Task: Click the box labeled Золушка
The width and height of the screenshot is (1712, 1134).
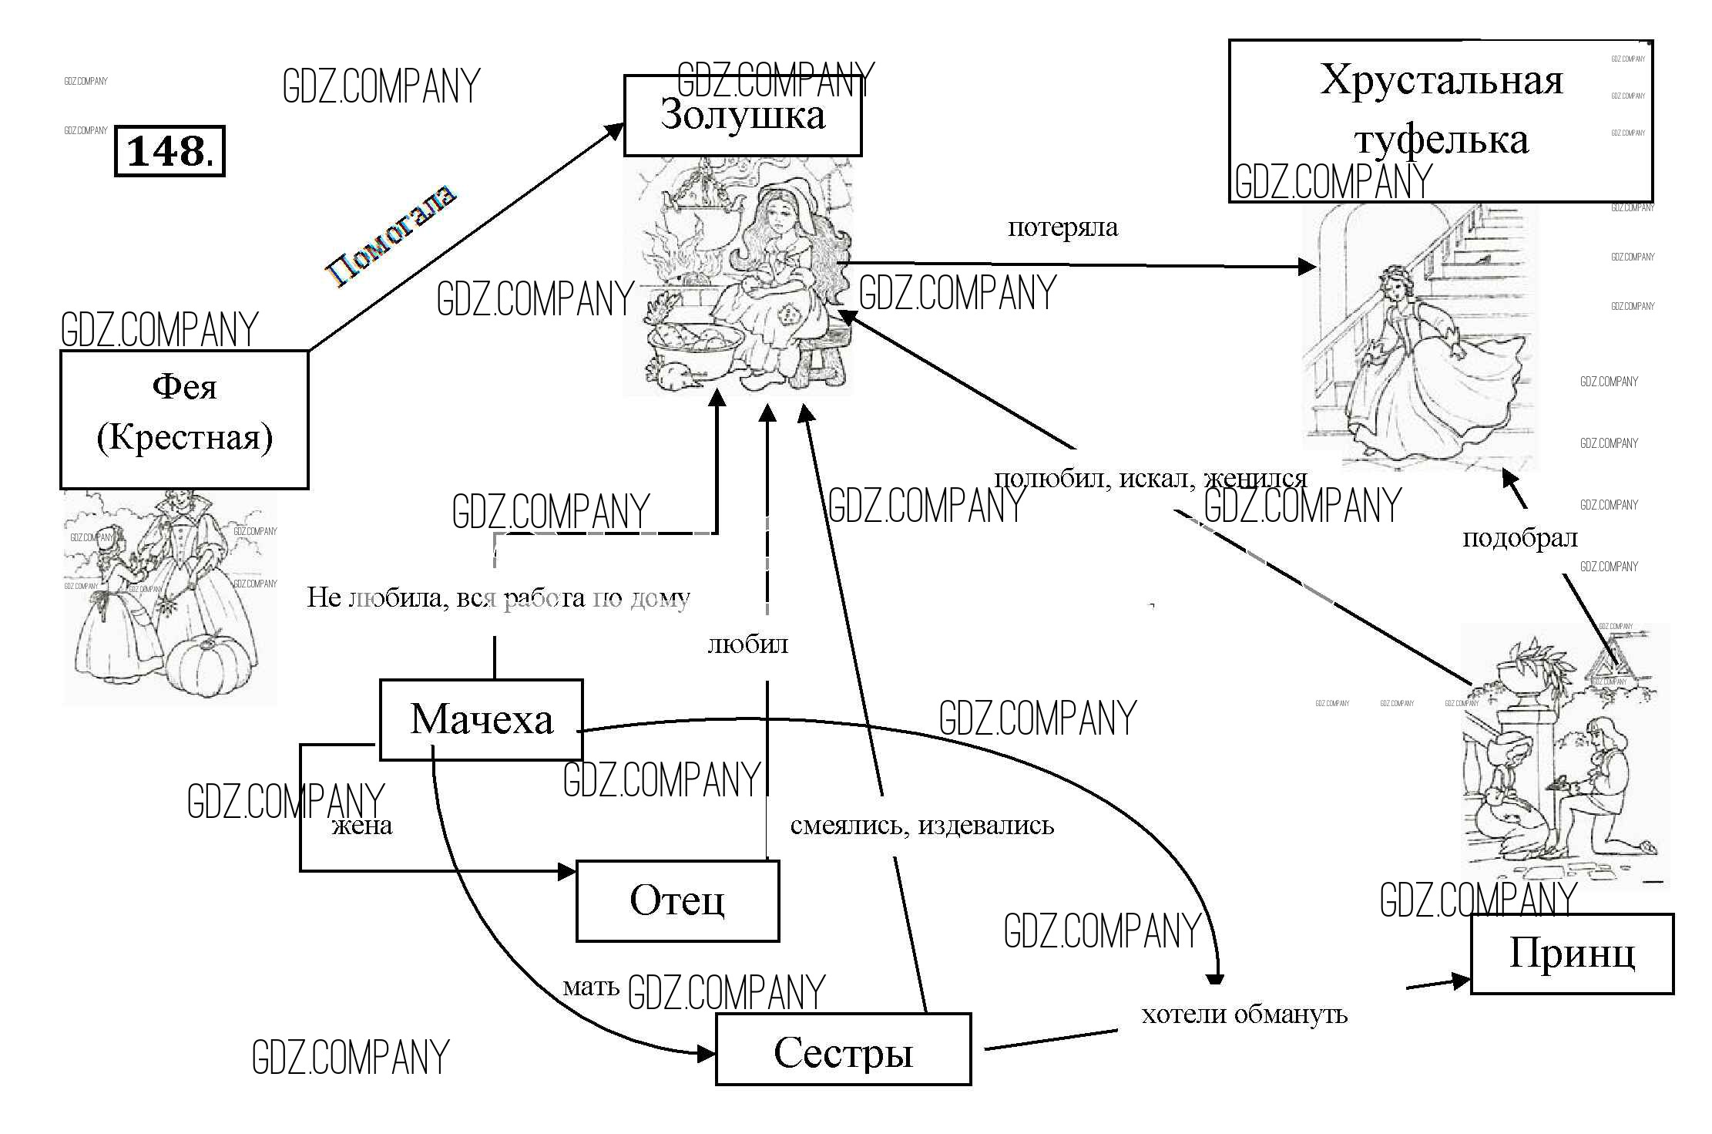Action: click(x=742, y=116)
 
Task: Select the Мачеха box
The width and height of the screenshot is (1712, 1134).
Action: click(x=481, y=719)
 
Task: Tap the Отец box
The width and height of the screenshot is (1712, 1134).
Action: click(x=677, y=900)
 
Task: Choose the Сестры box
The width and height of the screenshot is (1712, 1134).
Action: click(x=843, y=1050)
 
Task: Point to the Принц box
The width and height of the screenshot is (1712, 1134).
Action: click(x=1572, y=954)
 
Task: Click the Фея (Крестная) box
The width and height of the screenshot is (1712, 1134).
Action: click(x=184, y=419)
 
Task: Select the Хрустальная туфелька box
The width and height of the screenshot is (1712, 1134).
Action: click(x=1440, y=120)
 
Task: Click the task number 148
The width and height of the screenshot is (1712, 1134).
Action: click(x=170, y=151)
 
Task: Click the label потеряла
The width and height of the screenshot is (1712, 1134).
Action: click(x=1062, y=227)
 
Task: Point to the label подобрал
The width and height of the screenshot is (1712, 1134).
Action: click(x=1519, y=538)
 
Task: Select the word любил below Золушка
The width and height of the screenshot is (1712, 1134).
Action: click(x=748, y=644)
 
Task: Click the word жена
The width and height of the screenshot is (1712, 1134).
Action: click(x=362, y=826)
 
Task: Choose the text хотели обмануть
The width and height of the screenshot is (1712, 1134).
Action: click(x=1244, y=1014)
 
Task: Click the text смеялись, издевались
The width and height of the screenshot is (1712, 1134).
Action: click(x=921, y=826)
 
